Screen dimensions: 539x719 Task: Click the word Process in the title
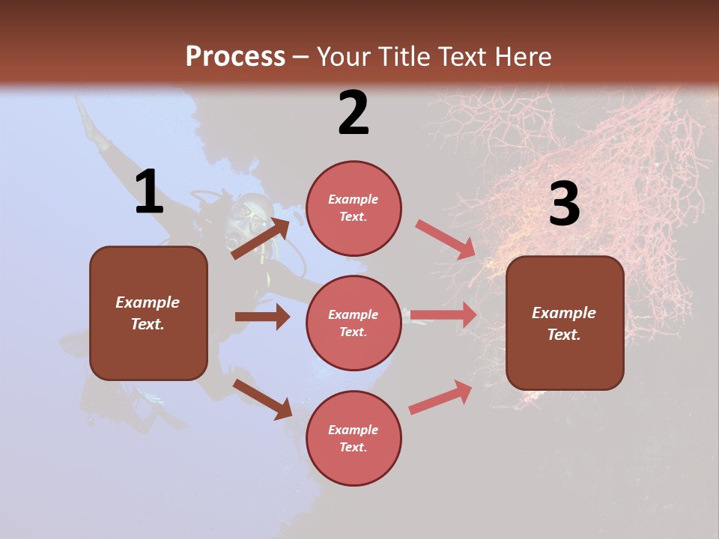pyautogui.click(x=235, y=56)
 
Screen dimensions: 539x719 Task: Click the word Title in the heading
pyautogui.click(x=402, y=56)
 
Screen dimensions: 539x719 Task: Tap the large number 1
pyautogui.click(x=149, y=192)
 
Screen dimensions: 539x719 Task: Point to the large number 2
pyautogui.click(x=354, y=113)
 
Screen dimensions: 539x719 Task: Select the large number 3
pyautogui.click(x=564, y=204)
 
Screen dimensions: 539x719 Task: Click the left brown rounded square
pyautogui.click(x=148, y=313)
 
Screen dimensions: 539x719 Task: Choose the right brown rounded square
pyautogui.click(x=565, y=323)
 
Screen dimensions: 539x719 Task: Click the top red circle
pyautogui.click(x=354, y=208)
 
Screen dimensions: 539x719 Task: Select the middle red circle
pyautogui.click(x=354, y=323)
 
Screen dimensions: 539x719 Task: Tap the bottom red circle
pyautogui.click(x=354, y=438)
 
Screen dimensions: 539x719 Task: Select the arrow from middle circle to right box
pyautogui.click(x=443, y=315)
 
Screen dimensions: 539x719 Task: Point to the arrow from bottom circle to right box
pyautogui.click(x=440, y=397)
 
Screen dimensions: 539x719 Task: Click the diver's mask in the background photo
pyautogui.click(x=249, y=216)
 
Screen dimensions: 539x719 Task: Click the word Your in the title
pyautogui.click(x=345, y=56)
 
